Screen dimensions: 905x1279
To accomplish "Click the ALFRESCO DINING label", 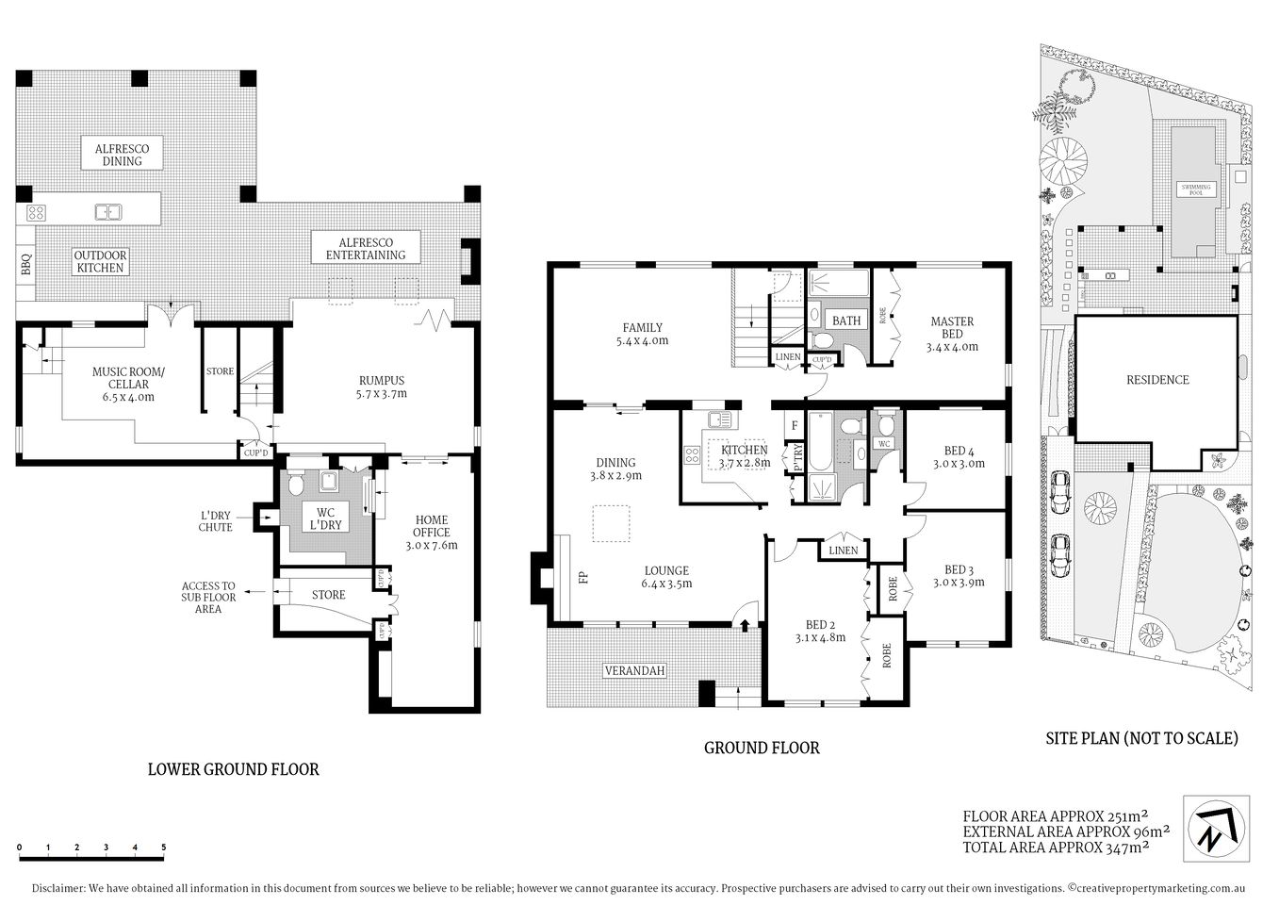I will [122, 155].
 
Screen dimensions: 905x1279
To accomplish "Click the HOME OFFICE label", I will [431, 532].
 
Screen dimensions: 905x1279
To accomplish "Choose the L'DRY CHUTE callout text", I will [216, 521].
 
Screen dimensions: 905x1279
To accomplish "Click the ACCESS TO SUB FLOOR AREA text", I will [208, 597].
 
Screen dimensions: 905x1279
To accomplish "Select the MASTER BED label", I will [952, 334].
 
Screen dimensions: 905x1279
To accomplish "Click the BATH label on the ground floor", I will [846, 321].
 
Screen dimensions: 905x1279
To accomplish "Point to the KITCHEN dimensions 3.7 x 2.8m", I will [745, 463].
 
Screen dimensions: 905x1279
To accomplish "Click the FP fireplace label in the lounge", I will [583, 578].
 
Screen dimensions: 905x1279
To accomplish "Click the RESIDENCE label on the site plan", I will [1157, 380].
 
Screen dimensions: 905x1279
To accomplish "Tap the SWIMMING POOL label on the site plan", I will [1200, 189].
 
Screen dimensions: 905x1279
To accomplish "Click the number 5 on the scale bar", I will [164, 847].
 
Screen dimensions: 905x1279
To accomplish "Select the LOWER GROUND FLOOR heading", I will [234, 769].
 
